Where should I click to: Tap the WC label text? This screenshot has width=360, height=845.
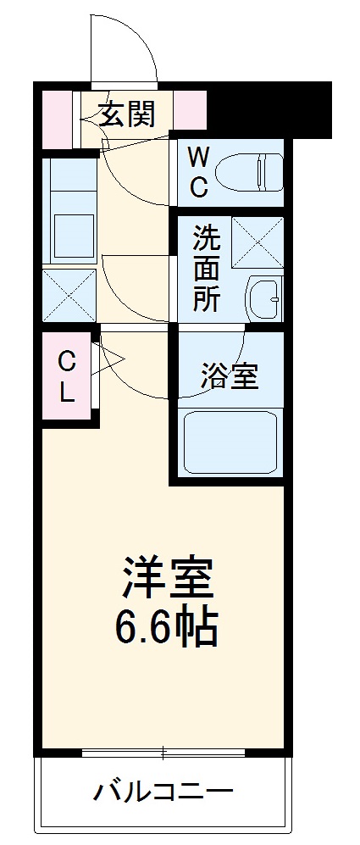197,172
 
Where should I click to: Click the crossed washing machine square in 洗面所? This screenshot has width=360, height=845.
258,242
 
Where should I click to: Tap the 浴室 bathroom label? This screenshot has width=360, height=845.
229,375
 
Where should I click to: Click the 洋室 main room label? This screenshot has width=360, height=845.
168,578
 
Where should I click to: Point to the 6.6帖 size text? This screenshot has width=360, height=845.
168,627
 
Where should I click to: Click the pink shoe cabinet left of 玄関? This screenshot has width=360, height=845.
58,120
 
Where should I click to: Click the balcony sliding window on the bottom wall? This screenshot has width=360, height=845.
163,751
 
